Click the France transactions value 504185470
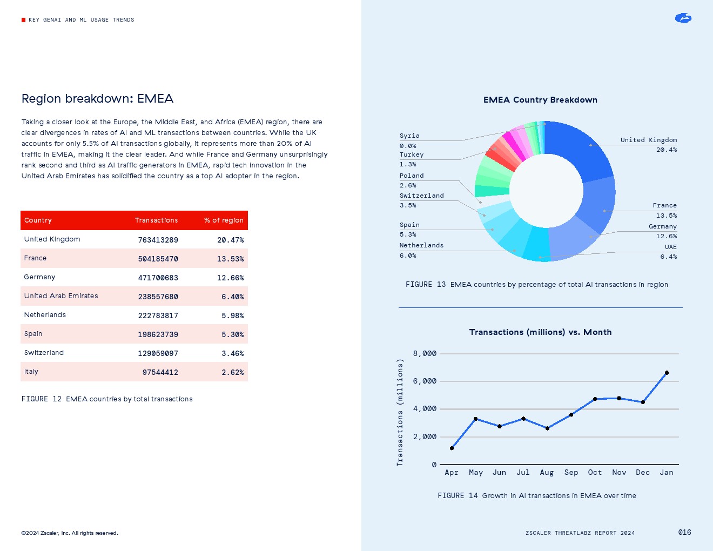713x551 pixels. [x=158, y=259]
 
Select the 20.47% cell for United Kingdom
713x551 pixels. [x=230, y=240]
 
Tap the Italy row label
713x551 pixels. [x=31, y=372]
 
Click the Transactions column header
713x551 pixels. [x=156, y=220]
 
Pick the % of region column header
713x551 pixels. [x=224, y=220]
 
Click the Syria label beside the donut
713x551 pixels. [x=409, y=136]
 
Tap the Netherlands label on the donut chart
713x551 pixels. [x=421, y=245]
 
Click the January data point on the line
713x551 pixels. [x=667, y=373]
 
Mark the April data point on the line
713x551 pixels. [x=452, y=448]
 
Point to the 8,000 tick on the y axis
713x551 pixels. [x=425, y=354]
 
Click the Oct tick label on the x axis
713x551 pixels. [x=595, y=472]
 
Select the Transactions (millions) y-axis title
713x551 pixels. [x=400, y=412]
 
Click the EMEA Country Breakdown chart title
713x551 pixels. [x=540, y=100]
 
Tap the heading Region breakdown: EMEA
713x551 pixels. [x=97, y=98]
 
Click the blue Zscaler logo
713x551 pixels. [x=683, y=18]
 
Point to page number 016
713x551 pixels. [x=684, y=532]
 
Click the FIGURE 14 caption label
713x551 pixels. [x=458, y=495]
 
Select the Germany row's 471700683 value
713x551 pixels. [x=158, y=278]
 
